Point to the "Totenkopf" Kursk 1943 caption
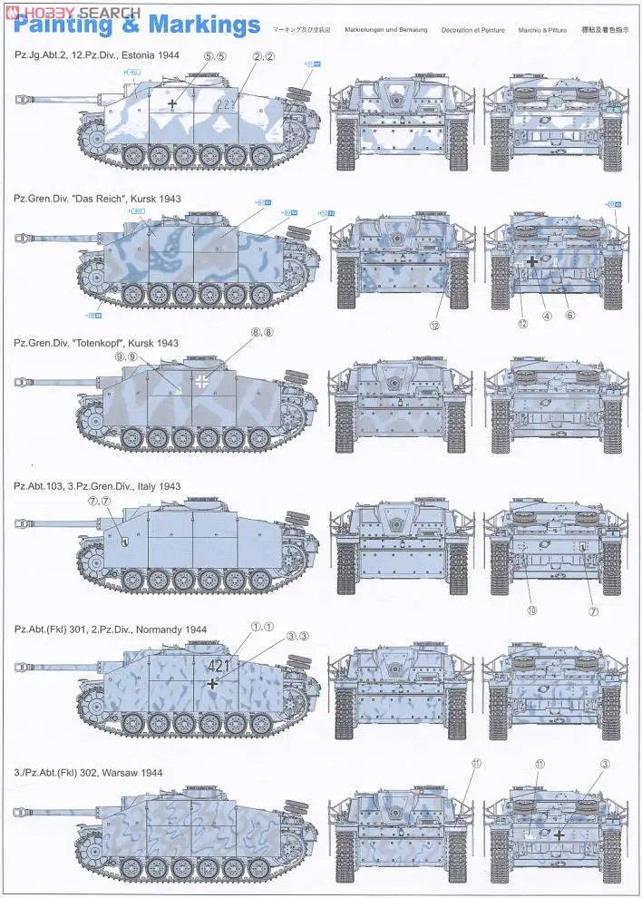click(96, 343)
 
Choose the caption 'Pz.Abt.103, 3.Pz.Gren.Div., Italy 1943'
click(97, 486)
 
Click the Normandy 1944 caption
click(111, 630)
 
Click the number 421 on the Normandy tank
click(219, 666)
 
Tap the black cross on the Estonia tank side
click(172, 105)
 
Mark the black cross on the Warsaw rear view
click(559, 835)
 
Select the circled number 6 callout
click(569, 316)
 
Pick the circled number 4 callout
click(547, 317)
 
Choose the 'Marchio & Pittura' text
click(542, 30)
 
